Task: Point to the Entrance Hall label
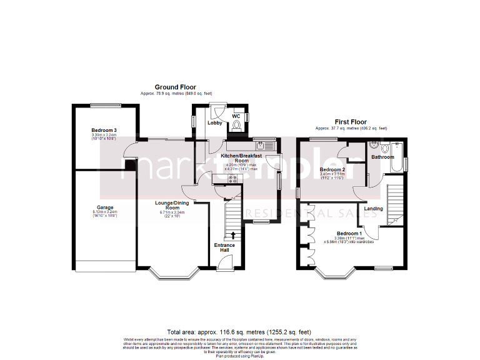(225, 247)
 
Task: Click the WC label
(236, 116)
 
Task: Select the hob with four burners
(232, 179)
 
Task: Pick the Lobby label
(215, 123)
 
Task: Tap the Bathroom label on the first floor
(382, 157)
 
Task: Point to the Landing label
(373, 209)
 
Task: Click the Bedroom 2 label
(332, 169)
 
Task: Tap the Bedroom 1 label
(349, 233)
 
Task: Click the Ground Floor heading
(176, 87)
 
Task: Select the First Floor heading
(350, 122)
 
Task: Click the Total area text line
(239, 332)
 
